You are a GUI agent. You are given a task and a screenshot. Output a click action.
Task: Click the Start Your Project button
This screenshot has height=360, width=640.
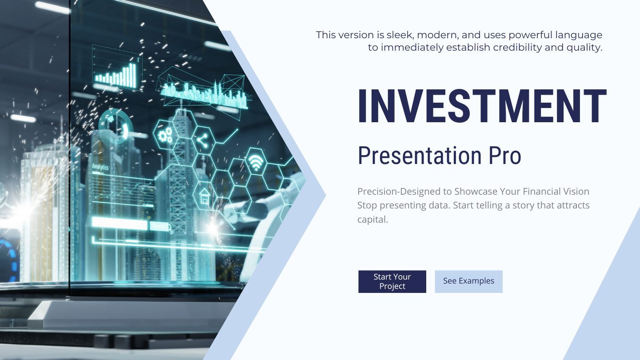tap(392, 281)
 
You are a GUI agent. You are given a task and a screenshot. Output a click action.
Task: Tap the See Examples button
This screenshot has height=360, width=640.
tap(468, 281)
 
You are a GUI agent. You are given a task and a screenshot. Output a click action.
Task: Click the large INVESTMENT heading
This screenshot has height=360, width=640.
tap(482, 106)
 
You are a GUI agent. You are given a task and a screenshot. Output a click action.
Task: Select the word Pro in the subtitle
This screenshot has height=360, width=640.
tap(505, 156)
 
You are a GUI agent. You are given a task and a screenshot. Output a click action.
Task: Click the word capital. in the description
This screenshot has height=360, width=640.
tap(372, 220)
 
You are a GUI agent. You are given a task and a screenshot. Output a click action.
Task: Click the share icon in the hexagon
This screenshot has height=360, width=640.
tap(203, 140)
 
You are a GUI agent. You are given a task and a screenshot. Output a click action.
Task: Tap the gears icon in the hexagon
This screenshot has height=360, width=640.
tap(165, 135)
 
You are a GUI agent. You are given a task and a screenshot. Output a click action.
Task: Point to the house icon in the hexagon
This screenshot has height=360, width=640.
tap(205, 196)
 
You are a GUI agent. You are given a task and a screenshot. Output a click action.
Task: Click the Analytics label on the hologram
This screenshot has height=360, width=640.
tap(100, 167)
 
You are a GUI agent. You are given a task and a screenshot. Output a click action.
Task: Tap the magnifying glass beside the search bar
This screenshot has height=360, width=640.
tap(170, 228)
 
